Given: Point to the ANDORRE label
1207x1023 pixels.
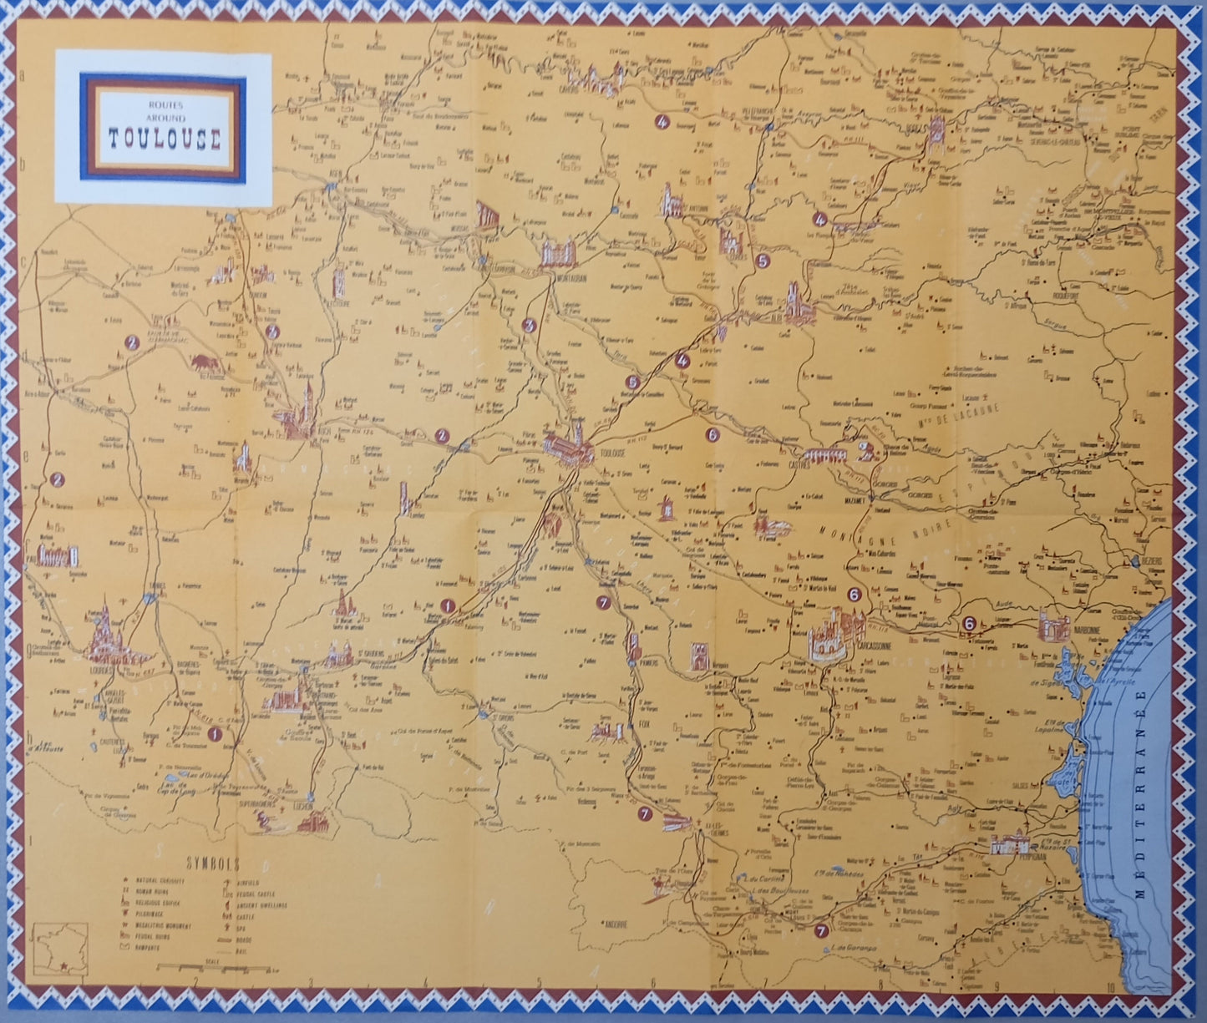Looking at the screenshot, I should click(621, 924).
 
